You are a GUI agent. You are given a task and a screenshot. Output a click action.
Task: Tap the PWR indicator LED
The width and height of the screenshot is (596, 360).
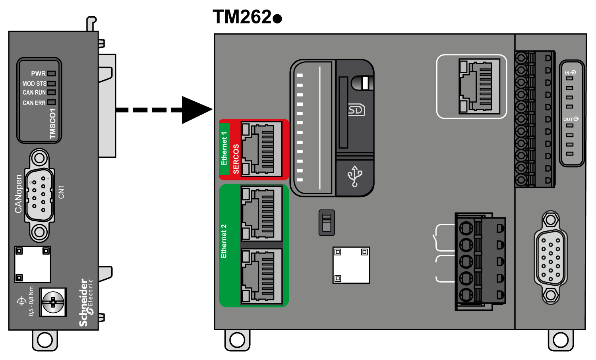(52, 74)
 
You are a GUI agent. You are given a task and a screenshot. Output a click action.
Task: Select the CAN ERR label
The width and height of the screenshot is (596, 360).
(34, 103)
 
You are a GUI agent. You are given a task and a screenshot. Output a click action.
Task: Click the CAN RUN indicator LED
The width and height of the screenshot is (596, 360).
(52, 92)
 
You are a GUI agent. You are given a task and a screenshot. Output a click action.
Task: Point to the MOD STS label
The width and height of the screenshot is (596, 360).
(34, 83)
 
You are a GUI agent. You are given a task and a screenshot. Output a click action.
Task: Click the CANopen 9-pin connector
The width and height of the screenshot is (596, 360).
(39, 195)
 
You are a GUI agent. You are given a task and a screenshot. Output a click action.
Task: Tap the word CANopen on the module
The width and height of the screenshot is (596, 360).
(18, 194)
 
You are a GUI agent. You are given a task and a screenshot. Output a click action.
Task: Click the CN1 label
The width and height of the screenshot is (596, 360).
(61, 192)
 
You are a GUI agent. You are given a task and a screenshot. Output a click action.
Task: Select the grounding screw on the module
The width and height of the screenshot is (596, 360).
(53, 302)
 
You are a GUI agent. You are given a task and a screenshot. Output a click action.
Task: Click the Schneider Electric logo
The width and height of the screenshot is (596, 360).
(85, 302)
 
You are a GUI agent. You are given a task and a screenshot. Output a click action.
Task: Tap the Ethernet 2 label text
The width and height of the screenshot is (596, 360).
(224, 241)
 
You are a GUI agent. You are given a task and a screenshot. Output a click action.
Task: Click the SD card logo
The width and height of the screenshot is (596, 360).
(356, 110)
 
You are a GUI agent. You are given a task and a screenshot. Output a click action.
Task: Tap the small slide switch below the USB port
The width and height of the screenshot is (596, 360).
(327, 223)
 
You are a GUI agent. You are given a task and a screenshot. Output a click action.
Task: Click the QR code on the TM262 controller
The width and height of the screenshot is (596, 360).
(351, 265)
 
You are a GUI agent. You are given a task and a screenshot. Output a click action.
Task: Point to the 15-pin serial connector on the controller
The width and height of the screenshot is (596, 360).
(551, 257)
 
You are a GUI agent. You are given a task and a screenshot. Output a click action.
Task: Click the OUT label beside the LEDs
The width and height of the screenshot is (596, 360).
(569, 119)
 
